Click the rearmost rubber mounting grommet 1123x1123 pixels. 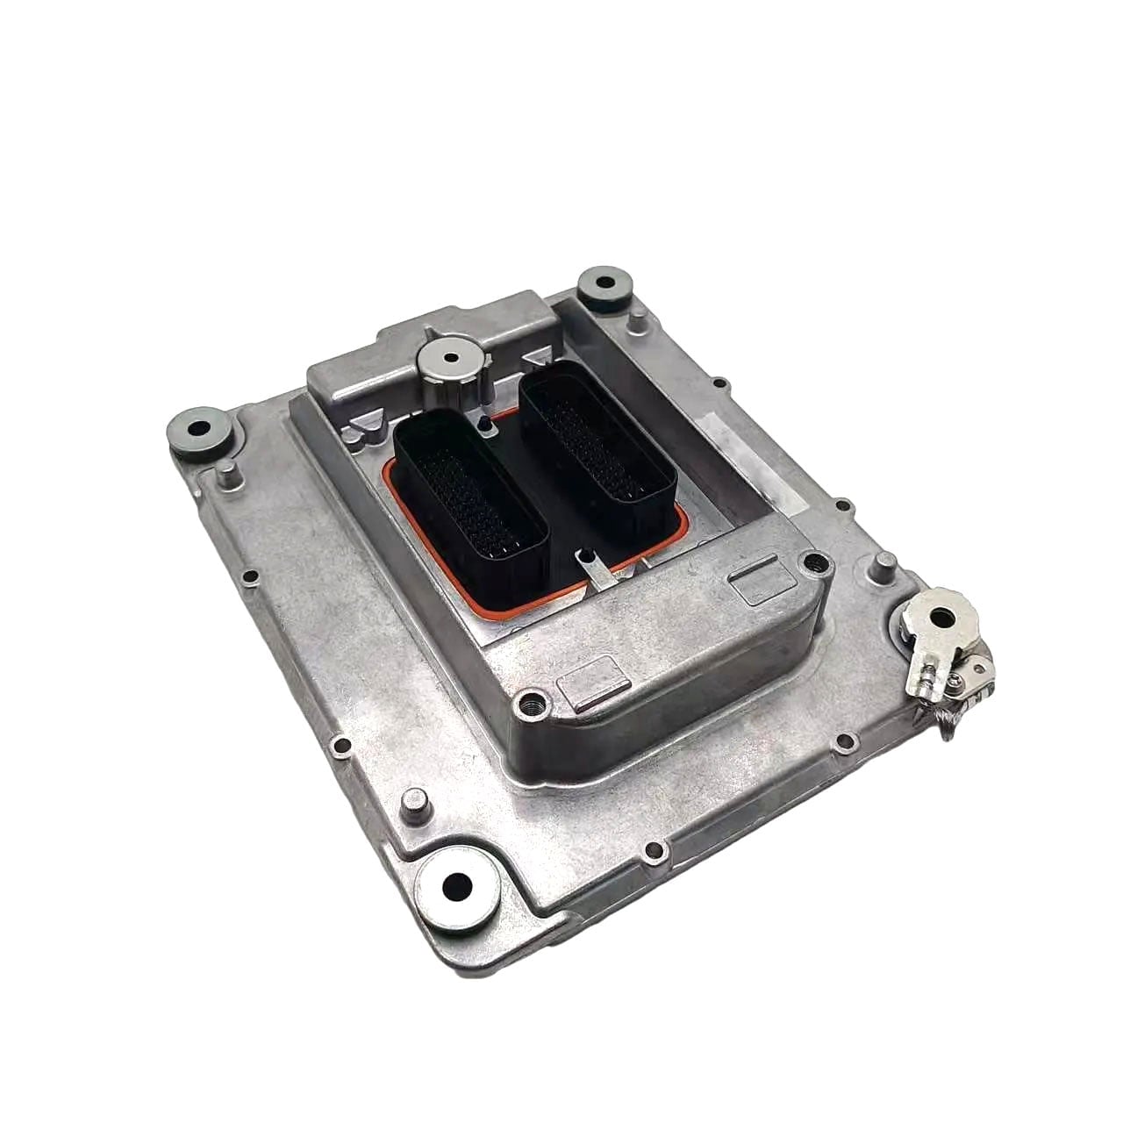(x=605, y=285)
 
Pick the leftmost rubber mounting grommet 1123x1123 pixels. (x=194, y=432)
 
